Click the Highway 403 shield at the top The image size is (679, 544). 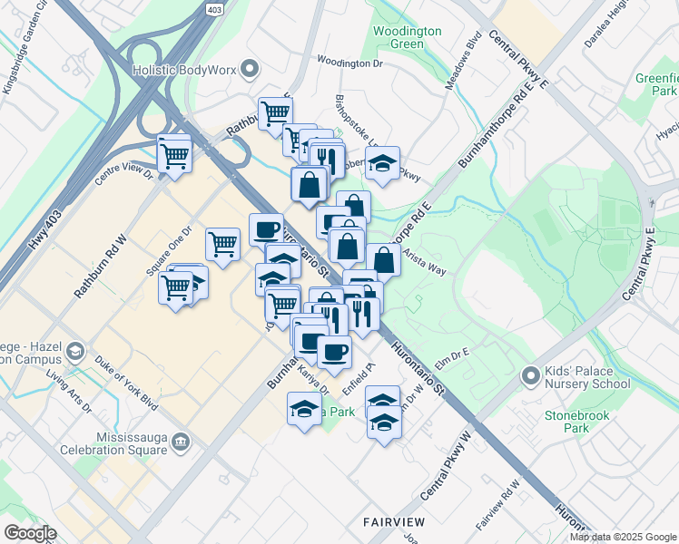coord(213,9)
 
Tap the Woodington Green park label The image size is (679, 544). coord(408,37)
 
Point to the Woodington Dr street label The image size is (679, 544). coord(349,63)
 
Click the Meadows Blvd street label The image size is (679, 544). coord(473,62)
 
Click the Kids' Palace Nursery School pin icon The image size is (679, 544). coord(531,374)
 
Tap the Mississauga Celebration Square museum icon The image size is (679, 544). coord(182,442)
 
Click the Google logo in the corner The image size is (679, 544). coord(30,533)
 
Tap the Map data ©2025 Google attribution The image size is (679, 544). coord(623,537)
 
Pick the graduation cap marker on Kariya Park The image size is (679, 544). coord(304,409)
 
